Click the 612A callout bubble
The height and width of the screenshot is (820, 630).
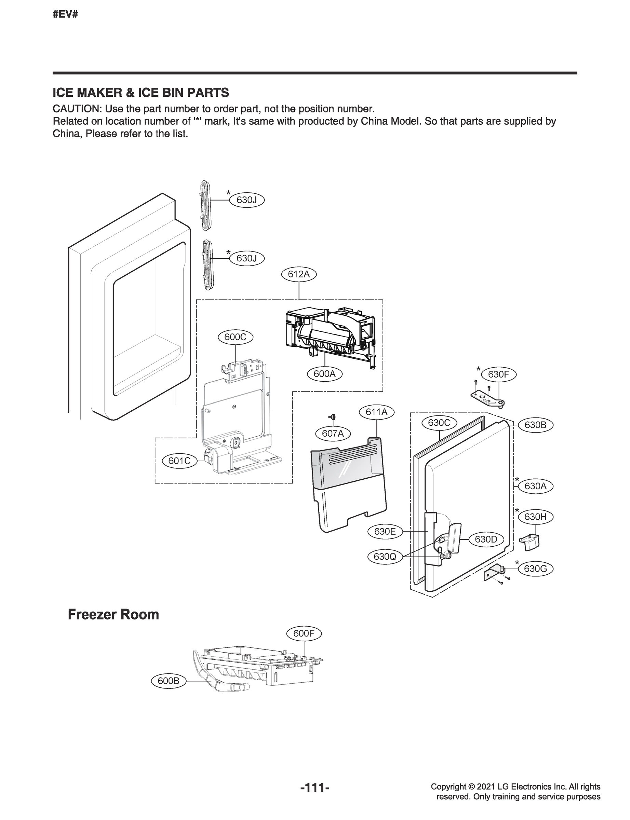pyautogui.click(x=299, y=274)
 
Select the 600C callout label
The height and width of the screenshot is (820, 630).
pyautogui.click(x=236, y=337)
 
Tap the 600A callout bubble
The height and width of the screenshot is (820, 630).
pyautogui.click(x=324, y=374)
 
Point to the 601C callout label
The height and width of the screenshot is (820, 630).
pyautogui.click(x=179, y=461)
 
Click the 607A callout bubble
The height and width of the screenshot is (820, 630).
pyautogui.click(x=333, y=434)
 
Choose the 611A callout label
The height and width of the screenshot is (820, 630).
pyautogui.click(x=376, y=412)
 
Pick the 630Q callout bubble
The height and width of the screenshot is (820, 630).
pyautogui.click(x=385, y=557)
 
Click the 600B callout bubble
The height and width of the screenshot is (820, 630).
pyautogui.click(x=169, y=681)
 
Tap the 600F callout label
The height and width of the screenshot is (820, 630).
pyautogui.click(x=304, y=633)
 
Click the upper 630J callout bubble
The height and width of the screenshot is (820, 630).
pyautogui.click(x=247, y=200)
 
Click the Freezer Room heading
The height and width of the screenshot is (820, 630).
pyautogui.click(x=113, y=615)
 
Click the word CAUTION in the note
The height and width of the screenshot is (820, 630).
pyautogui.click(x=77, y=109)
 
